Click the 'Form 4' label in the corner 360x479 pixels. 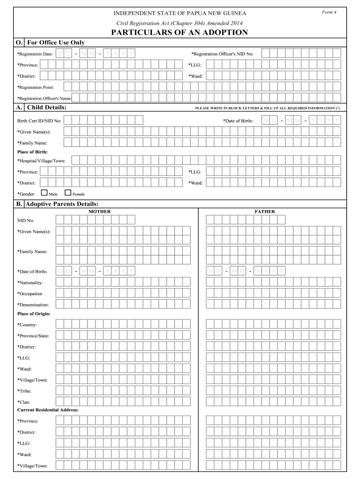(329, 12)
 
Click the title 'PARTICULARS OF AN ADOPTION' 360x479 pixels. (180, 32)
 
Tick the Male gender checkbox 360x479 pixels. (44, 192)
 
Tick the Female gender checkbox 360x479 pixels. (68, 192)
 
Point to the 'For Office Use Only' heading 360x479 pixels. (56, 43)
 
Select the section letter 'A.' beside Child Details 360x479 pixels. (19, 108)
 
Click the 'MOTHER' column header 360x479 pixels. (100, 211)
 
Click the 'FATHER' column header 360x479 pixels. (265, 211)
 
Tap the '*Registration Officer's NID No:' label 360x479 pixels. (223, 54)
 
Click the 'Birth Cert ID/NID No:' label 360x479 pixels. (39, 121)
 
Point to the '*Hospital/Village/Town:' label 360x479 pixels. (41, 161)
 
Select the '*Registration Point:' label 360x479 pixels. (36, 87)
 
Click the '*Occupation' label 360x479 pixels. (30, 294)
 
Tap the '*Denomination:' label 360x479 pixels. (33, 305)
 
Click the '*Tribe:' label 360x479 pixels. (24, 391)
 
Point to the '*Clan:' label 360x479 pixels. (24, 402)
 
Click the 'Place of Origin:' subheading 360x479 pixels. (34, 313)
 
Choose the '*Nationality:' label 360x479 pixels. (30, 283)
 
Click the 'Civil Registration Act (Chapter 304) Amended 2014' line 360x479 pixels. (180, 23)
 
